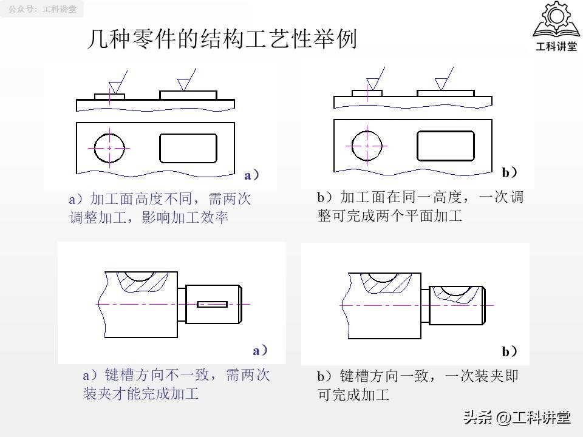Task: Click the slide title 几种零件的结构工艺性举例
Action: tap(222, 40)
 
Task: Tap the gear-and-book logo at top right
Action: tap(555, 27)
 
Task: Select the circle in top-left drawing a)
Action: tap(109, 147)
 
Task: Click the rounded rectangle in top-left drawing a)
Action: tap(188, 148)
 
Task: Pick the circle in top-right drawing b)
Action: tap(367, 146)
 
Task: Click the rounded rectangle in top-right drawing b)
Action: tap(445, 146)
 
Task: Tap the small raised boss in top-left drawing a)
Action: tap(110, 97)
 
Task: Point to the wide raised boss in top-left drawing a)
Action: tap(188, 95)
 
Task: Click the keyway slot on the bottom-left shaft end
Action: tap(213, 303)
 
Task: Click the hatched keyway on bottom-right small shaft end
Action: tap(457, 293)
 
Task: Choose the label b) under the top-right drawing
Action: tap(510, 173)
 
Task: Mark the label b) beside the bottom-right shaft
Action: tap(510, 351)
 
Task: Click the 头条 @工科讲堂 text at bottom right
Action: tap(517, 418)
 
